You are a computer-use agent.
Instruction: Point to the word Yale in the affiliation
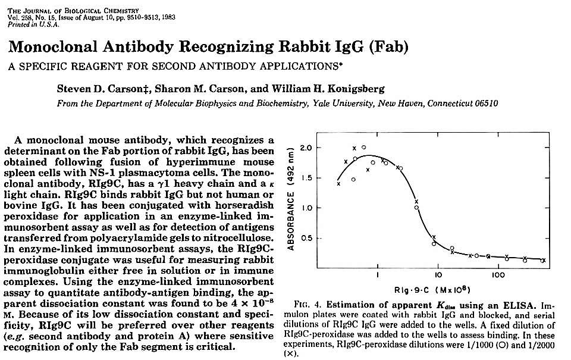point(316,103)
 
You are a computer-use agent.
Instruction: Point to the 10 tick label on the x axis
point(438,275)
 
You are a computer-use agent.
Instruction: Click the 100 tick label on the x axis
point(498,275)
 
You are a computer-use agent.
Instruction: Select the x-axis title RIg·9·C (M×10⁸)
point(432,290)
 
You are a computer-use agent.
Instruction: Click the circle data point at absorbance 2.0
point(363,147)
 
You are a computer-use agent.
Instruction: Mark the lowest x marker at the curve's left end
point(338,184)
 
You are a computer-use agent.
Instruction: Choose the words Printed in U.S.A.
point(33,24)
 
